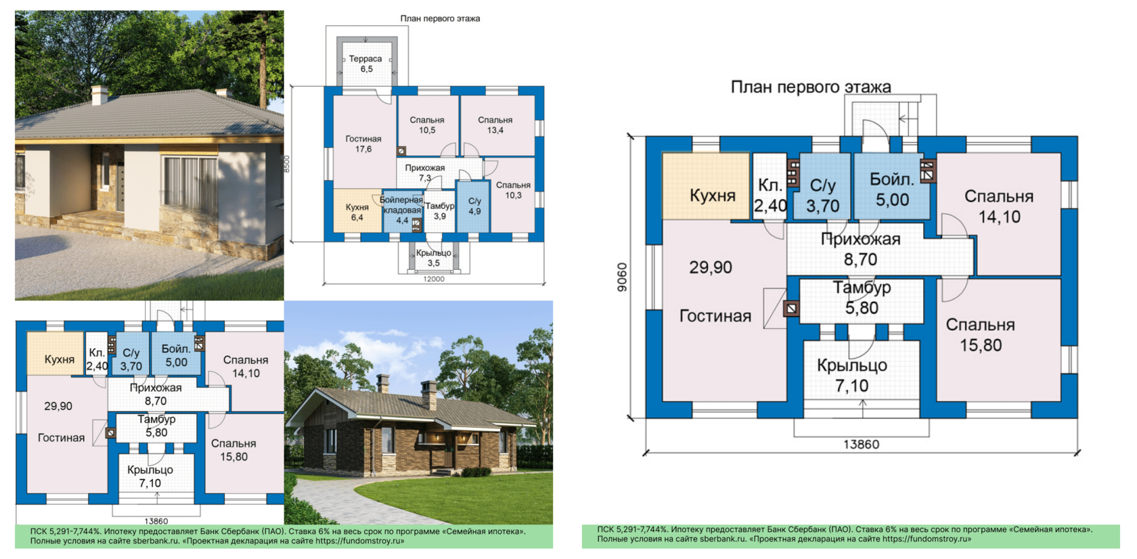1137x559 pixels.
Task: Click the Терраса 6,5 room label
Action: [x=365, y=64]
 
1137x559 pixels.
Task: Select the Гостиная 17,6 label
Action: [x=363, y=143]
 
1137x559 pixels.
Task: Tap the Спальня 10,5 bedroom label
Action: [x=427, y=125]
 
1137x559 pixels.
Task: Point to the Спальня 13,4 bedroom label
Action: [x=495, y=125]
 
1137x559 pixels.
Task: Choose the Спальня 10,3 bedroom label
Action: [x=513, y=190]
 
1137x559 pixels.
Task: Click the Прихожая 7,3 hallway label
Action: [x=425, y=173]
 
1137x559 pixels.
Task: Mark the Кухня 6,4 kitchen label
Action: [x=357, y=213]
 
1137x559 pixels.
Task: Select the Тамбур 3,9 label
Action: [x=440, y=210]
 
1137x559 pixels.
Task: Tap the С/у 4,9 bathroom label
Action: [x=474, y=206]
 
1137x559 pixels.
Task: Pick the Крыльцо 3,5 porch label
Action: [x=433, y=258]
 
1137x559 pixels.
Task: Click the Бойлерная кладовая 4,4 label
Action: [x=401, y=210]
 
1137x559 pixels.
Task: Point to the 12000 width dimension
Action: [x=433, y=279]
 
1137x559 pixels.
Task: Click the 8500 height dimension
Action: [x=286, y=164]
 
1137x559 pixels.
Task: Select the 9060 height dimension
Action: [x=623, y=277]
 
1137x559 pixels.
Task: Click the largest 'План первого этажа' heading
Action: [x=811, y=87]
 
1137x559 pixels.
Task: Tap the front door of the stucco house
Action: [x=120, y=185]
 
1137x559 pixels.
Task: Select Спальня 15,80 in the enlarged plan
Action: [x=980, y=335]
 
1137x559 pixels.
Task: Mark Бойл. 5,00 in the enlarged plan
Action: [x=892, y=189]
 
